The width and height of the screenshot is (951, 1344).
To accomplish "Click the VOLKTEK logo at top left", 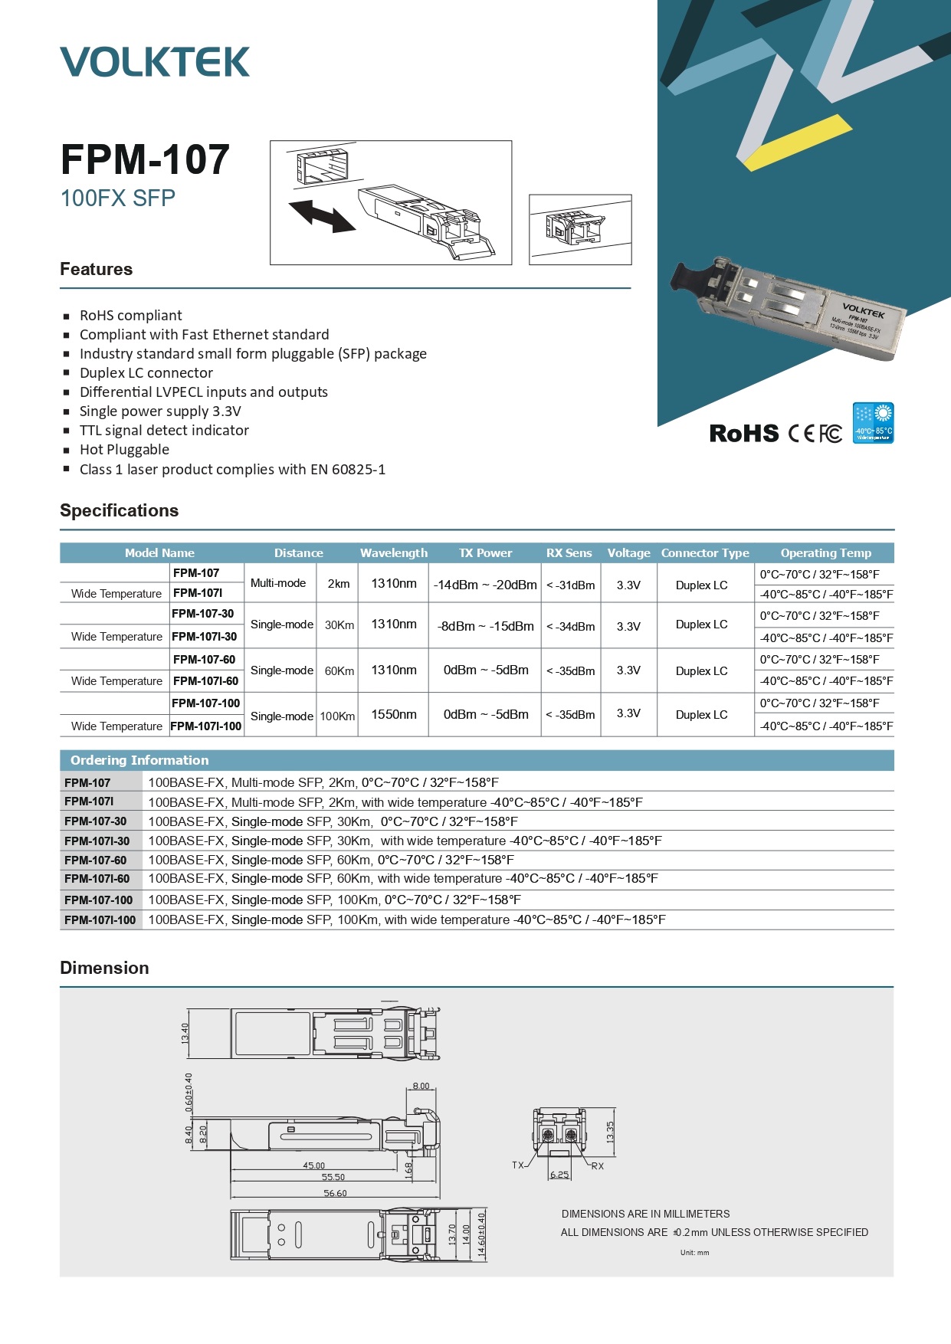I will [x=155, y=62].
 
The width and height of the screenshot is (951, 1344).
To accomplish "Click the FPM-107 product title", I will [x=145, y=159].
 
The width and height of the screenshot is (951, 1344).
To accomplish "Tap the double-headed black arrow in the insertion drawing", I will [x=322, y=215].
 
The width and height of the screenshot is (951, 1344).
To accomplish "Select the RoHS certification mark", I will [x=743, y=434].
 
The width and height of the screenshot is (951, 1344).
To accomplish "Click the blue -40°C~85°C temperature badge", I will [x=873, y=423].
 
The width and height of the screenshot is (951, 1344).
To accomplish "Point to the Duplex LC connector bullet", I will [x=146, y=373].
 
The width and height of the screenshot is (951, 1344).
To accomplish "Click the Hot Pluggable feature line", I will [x=124, y=450].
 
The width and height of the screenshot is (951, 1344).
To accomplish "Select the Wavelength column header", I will [x=394, y=553].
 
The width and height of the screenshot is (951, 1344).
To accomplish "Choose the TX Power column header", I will [x=485, y=553].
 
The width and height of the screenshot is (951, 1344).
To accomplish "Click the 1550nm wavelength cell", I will [x=394, y=714].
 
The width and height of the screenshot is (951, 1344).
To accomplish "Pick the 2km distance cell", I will [x=339, y=584].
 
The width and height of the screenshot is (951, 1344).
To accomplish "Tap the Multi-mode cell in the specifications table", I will [x=278, y=583].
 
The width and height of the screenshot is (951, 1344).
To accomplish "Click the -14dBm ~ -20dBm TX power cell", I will [x=485, y=585].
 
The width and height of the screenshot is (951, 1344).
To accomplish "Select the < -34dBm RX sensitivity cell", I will [x=570, y=627].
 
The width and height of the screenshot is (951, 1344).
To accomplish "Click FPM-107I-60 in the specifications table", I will [x=205, y=681].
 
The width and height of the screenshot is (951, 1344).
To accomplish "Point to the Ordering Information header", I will [x=139, y=760].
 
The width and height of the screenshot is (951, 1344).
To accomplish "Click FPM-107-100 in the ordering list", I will [x=99, y=900].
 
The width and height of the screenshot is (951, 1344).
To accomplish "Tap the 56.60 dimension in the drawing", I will [x=335, y=1193].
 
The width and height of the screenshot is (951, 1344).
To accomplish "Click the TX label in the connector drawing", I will [x=518, y=1165].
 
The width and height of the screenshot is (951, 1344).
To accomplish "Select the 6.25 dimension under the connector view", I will [x=559, y=1175].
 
